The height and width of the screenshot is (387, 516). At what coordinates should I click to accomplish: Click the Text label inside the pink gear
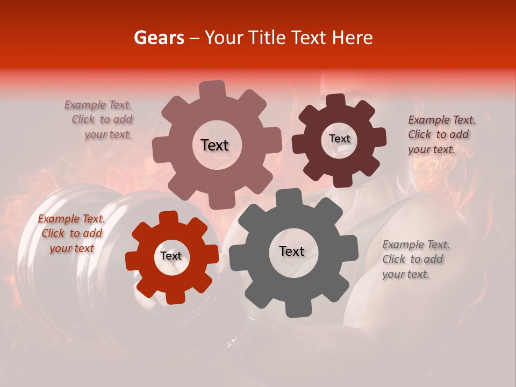pyautogui.click(x=214, y=145)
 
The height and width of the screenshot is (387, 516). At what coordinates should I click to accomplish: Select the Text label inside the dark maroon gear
pyautogui.click(x=339, y=139)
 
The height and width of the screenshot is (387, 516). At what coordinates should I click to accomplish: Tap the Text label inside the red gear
pyautogui.click(x=171, y=256)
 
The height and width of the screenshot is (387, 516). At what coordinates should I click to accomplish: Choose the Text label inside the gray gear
pyautogui.click(x=292, y=251)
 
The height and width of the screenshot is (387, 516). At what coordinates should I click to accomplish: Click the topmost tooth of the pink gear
pyautogui.click(x=212, y=89)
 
